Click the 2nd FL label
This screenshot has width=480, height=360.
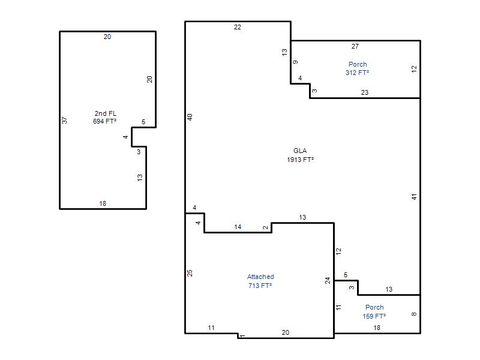coord(106,113)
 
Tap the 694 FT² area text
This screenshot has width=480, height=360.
coord(104,121)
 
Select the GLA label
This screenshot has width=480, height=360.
coord(300,151)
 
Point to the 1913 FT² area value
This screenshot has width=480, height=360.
coord(300,160)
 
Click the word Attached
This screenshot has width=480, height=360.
coord(260,277)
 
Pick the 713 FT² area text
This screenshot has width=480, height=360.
coord(260,286)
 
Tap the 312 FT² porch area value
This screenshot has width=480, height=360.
coord(357,73)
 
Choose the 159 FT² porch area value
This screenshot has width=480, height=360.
coord(374,316)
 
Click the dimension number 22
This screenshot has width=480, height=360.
coord(238,27)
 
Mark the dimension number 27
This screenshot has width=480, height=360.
coord(355,46)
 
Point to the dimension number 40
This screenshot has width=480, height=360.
coord(190,117)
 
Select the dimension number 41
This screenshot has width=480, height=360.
coord(414,197)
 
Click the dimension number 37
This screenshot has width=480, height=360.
coord(64,121)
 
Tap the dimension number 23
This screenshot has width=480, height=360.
coord(365,92)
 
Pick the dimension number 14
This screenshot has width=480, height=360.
coord(238,227)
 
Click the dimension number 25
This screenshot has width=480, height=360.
coord(190,273)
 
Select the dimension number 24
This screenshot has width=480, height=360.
coord(328,280)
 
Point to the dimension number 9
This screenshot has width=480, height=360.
coord(295,62)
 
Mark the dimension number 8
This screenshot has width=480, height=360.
coord(414,314)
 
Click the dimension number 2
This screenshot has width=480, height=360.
coord(265,227)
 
